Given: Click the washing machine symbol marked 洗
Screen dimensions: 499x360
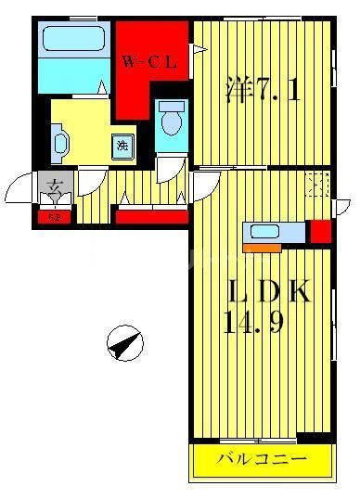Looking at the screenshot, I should tap(122, 145).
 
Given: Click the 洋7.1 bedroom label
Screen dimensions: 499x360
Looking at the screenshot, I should tap(262, 90).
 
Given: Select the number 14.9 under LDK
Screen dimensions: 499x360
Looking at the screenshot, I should tap(257, 326).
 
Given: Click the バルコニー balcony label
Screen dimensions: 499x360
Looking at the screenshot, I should tap(262, 459).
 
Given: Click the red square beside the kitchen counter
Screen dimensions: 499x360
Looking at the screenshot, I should tap(320, 231).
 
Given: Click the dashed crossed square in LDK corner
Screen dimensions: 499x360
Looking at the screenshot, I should tap(318, 184).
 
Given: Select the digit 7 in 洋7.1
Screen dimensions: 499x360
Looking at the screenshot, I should tap(264, 91).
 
